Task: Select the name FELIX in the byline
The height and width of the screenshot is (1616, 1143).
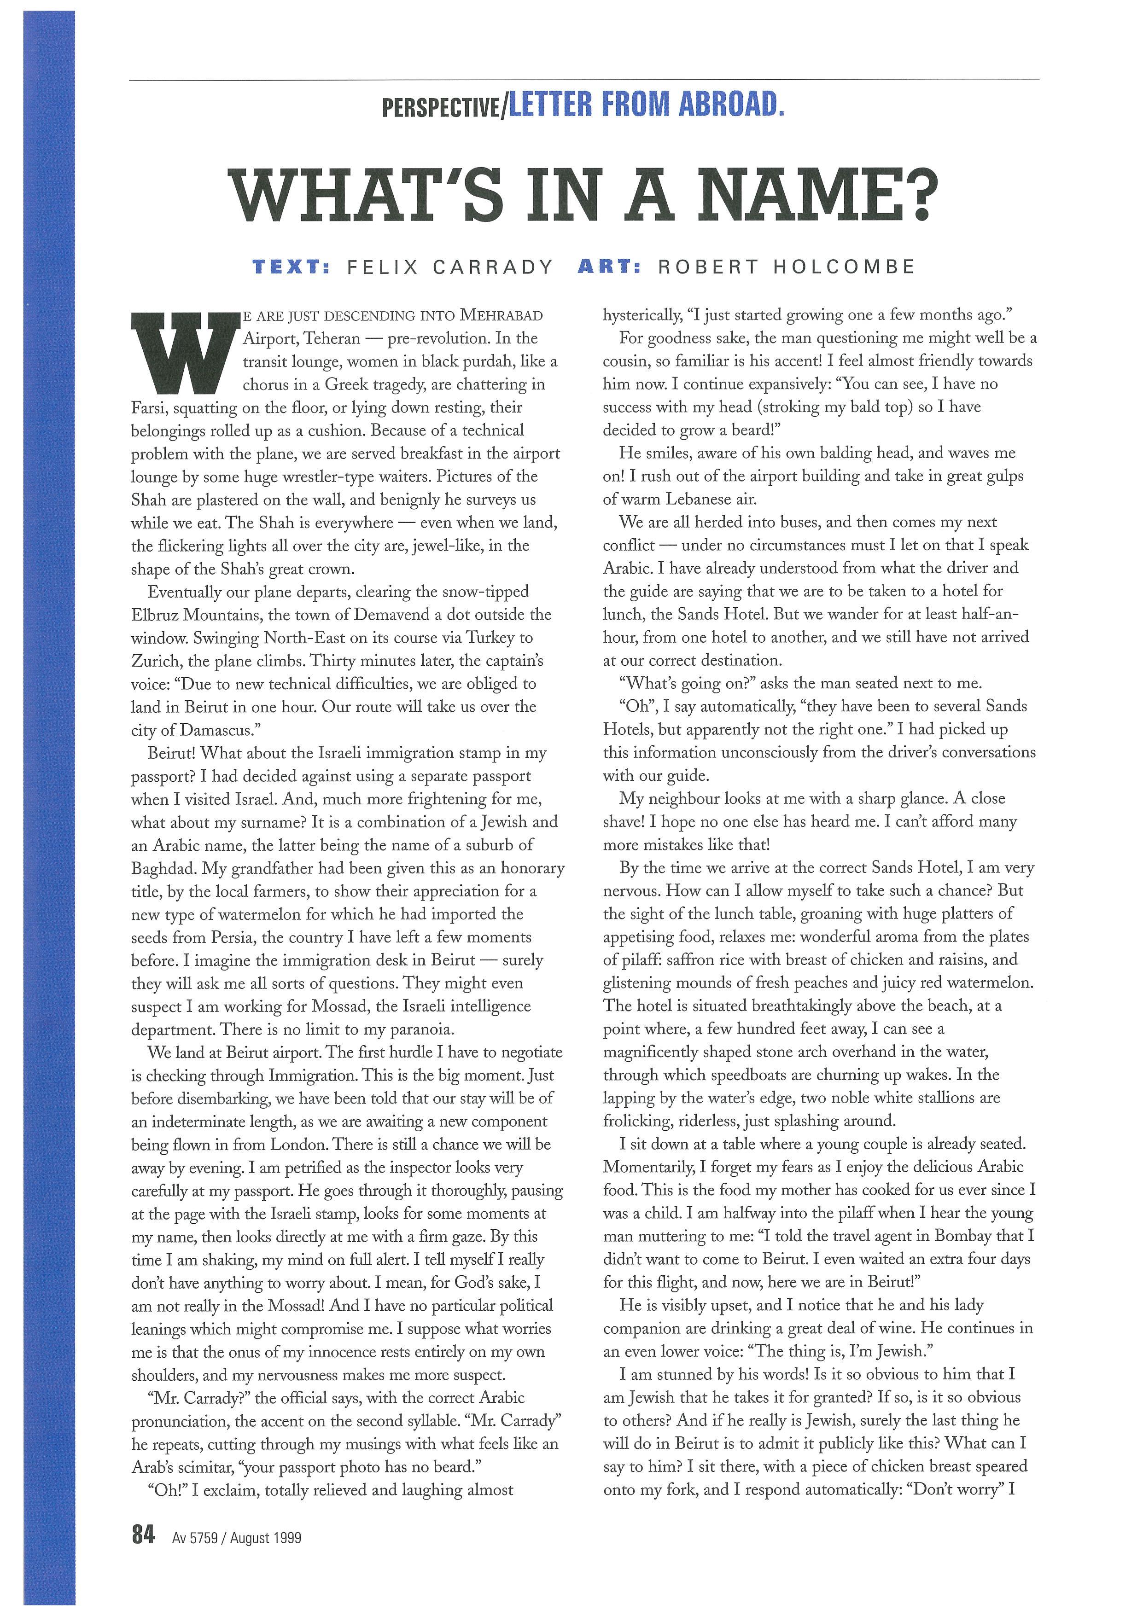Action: point(381,267)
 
